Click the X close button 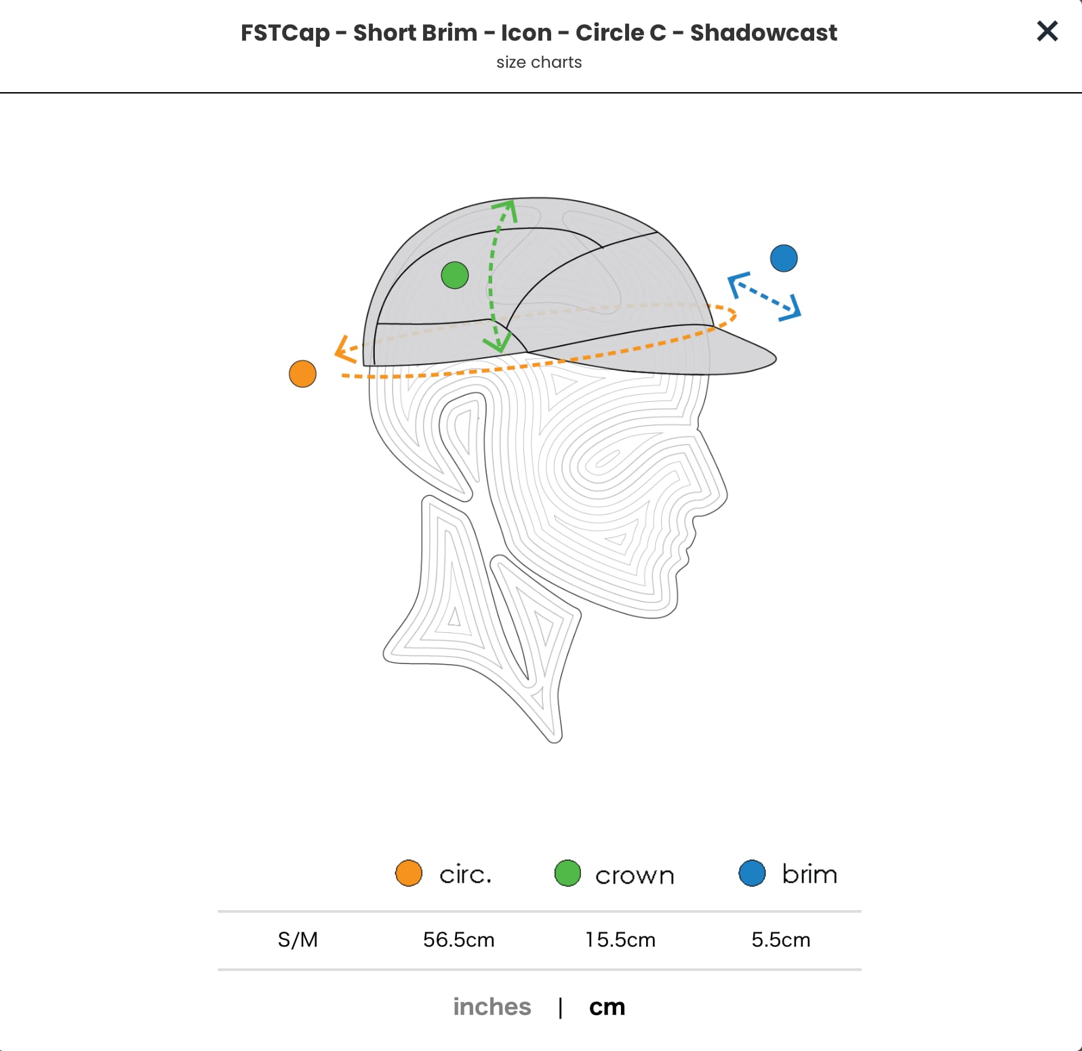pos(1047,30)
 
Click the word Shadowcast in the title pos(763,33)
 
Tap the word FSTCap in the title pos(285,33)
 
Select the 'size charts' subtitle pos(539,62)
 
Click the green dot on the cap pos(454,275)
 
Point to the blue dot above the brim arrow pos(784,258)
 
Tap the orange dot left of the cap pos(302,373)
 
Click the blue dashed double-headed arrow pos(764,296)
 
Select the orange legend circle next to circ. pos(409,873)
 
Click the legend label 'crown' pos(635,875)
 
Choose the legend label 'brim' pos(809,874)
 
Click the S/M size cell pos(298,940)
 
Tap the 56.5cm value pos(458,940)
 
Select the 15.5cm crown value pos(620,940)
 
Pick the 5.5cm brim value pos(780,940)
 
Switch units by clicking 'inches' pos(492,1007)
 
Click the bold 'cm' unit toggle pos(607,1007)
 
